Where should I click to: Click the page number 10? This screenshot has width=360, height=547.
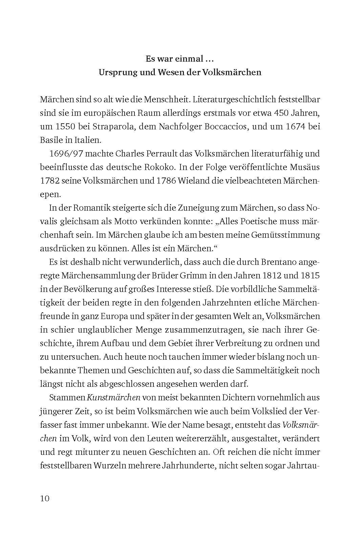click(45, 499)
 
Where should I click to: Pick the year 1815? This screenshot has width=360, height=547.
click(308, 276)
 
